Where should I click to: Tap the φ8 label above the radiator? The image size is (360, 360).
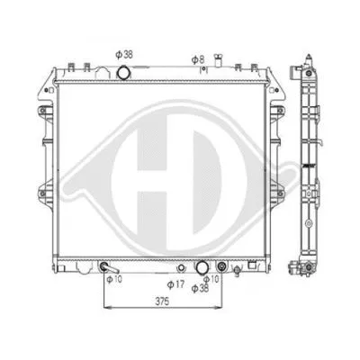(198, 60)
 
